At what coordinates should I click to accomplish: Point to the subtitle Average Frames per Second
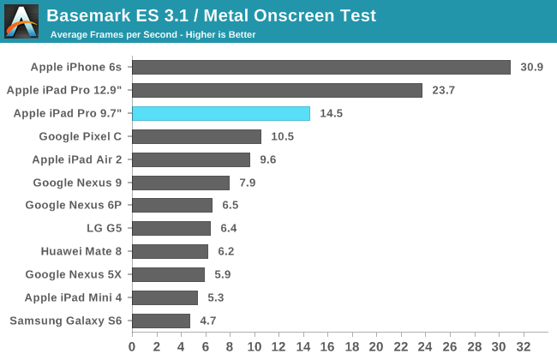153,35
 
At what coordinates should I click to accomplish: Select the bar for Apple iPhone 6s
320,67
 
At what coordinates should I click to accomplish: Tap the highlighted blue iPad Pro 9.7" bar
220,113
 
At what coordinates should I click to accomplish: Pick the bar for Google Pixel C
196,136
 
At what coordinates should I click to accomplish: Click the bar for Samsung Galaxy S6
160,321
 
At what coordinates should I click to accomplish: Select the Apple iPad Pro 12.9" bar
277,90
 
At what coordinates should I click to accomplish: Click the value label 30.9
532,67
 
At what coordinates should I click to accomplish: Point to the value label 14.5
332,113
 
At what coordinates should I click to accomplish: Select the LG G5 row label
105,228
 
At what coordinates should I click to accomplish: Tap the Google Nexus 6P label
74,205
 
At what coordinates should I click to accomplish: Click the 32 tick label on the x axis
523,346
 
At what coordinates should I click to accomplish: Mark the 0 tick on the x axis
132,346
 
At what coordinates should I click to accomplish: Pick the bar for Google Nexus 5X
168,274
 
